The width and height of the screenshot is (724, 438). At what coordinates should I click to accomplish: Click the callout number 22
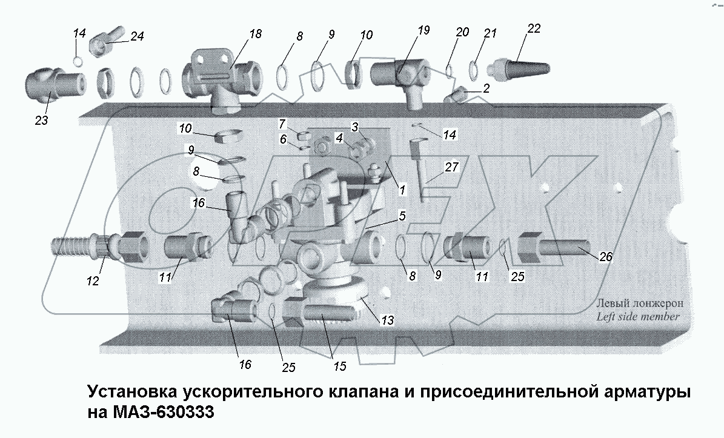click(x=533, y=29)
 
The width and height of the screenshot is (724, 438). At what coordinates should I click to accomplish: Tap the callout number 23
click(x=41, y=121)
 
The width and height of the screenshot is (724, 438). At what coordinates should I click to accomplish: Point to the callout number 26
click(x=605, y=257)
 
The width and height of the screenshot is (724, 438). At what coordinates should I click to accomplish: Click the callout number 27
click(x=452, y=168)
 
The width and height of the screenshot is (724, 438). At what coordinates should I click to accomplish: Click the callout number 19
click(x=423, y=30)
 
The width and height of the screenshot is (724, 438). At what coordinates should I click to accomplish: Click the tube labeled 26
click(x=560, y=250)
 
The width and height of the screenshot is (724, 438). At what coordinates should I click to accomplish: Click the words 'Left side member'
click(x=637, y=316)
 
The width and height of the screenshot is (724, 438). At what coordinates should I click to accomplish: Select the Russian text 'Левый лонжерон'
click(x=640, y=304)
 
